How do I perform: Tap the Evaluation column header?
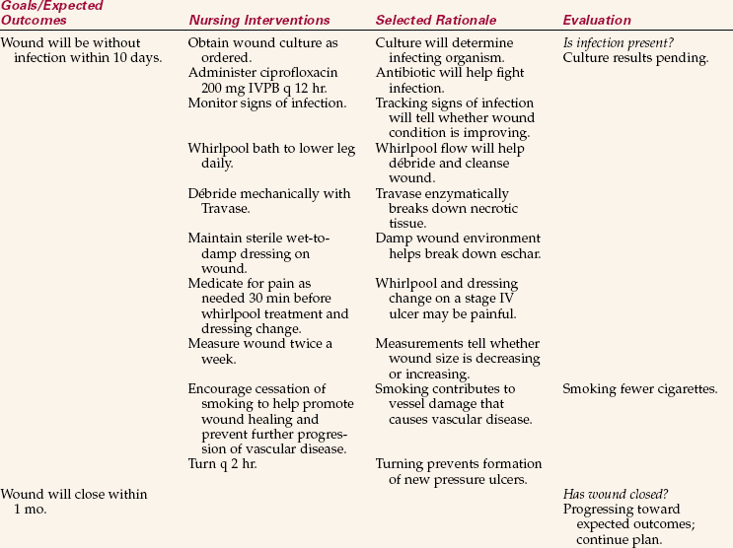click(x=596, y=21)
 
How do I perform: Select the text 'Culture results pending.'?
click(x=635, y=58)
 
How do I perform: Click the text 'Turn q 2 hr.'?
click(x=224, y=463)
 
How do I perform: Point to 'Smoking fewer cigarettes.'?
click(x=639, y=389)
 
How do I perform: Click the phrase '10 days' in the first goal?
click(x=137, y=58)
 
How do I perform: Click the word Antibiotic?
click(x=407, y=74)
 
